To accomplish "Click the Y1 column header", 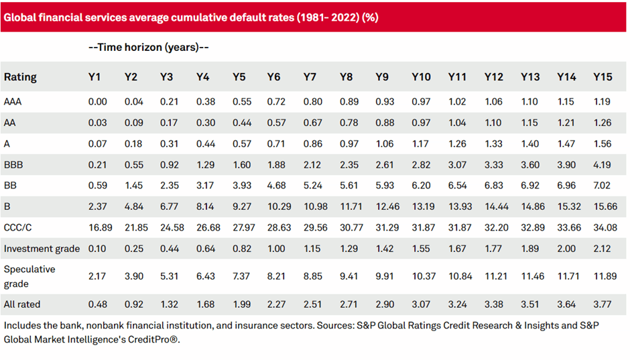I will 94,77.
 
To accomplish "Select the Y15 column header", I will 603,77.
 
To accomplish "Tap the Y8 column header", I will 346,77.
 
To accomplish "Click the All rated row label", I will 22,304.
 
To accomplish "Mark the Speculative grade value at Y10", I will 421,276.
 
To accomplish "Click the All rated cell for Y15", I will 603,304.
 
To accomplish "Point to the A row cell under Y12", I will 493,142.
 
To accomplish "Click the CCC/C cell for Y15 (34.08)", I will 603,227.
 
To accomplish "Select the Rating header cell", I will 20,77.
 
